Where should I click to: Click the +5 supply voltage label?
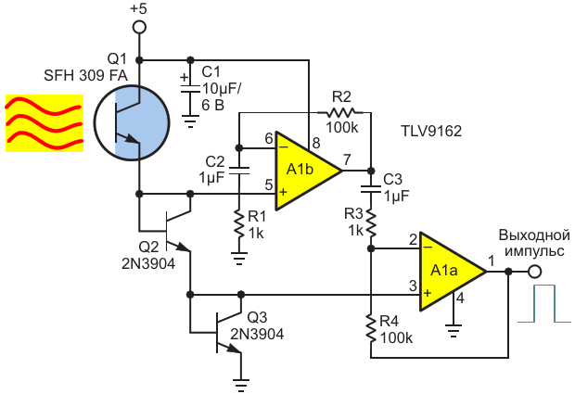(x=139, y=8)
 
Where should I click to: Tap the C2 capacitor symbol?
(x=239, y=171)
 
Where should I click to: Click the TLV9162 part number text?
(x=432, y=132)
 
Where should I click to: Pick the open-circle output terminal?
(x=534, y=272)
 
